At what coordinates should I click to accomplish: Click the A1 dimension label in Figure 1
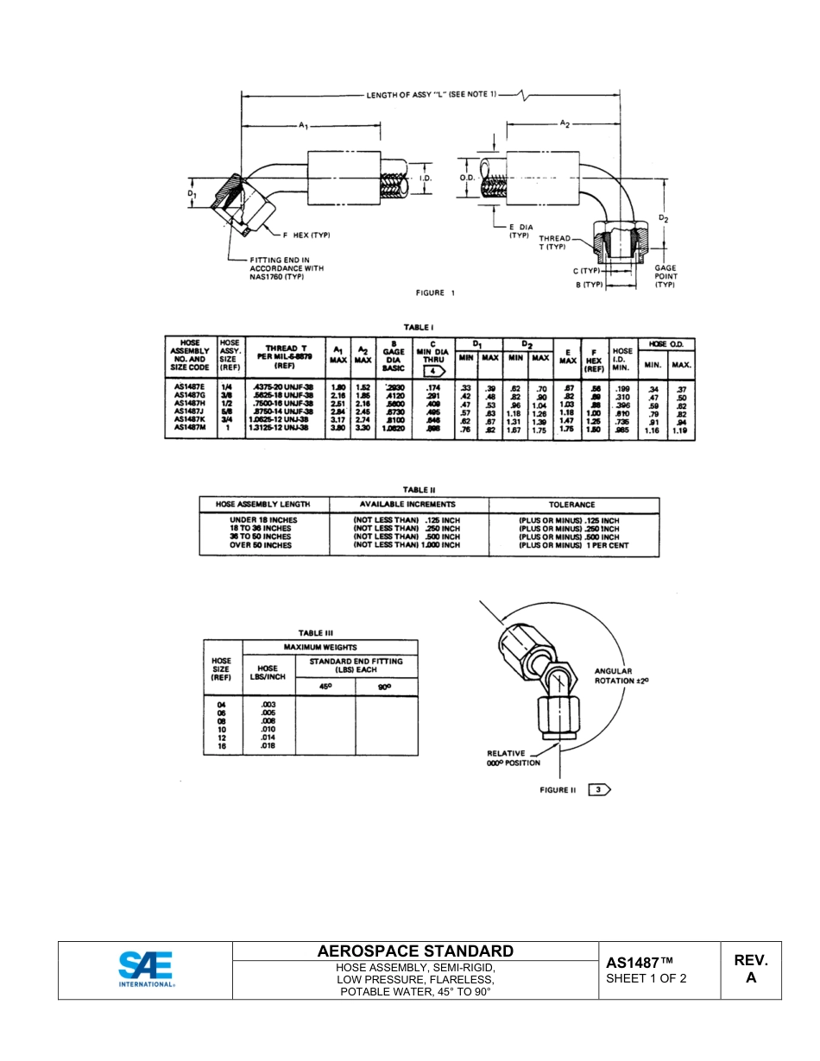point(303,126)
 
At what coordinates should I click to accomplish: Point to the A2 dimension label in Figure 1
point(565,124)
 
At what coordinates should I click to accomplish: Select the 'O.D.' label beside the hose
point(469,179)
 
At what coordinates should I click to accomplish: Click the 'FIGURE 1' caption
point(431,293)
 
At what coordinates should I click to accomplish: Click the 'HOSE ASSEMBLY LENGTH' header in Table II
point(262,505)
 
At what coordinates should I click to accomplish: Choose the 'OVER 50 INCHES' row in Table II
point(261,545)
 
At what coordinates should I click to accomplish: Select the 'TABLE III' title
point(316,633)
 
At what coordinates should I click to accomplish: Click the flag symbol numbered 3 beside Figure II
point(599,789)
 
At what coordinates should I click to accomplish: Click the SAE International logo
point(147,970)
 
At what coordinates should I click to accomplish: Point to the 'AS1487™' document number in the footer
point(639,962)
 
